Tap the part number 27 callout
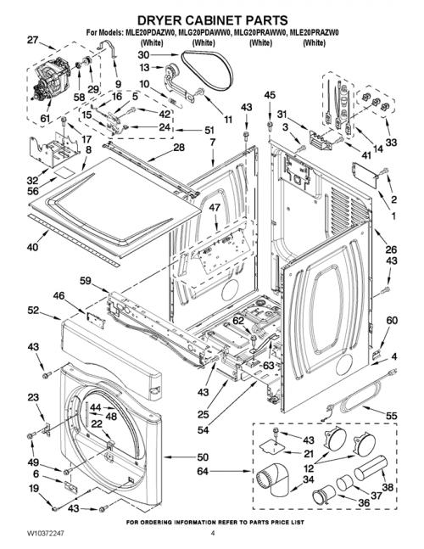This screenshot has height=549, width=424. click(x=32, y=40)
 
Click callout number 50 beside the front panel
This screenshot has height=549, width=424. click(x=203, y=457)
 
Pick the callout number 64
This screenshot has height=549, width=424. click(x=203, y=471)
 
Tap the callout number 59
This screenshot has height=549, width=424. click(x=85, y=281)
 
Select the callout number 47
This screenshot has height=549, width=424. click(x=215, y=207)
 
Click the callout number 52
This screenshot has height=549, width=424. click(x=33, y=310)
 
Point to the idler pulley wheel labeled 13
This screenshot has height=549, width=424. click(x=172, y=71)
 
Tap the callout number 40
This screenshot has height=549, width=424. click(x=32, y=247)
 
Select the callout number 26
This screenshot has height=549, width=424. click(x=391, y=249)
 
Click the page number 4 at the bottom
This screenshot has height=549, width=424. click(x=213, y=533)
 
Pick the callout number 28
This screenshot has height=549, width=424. click(x=179, y=147)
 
